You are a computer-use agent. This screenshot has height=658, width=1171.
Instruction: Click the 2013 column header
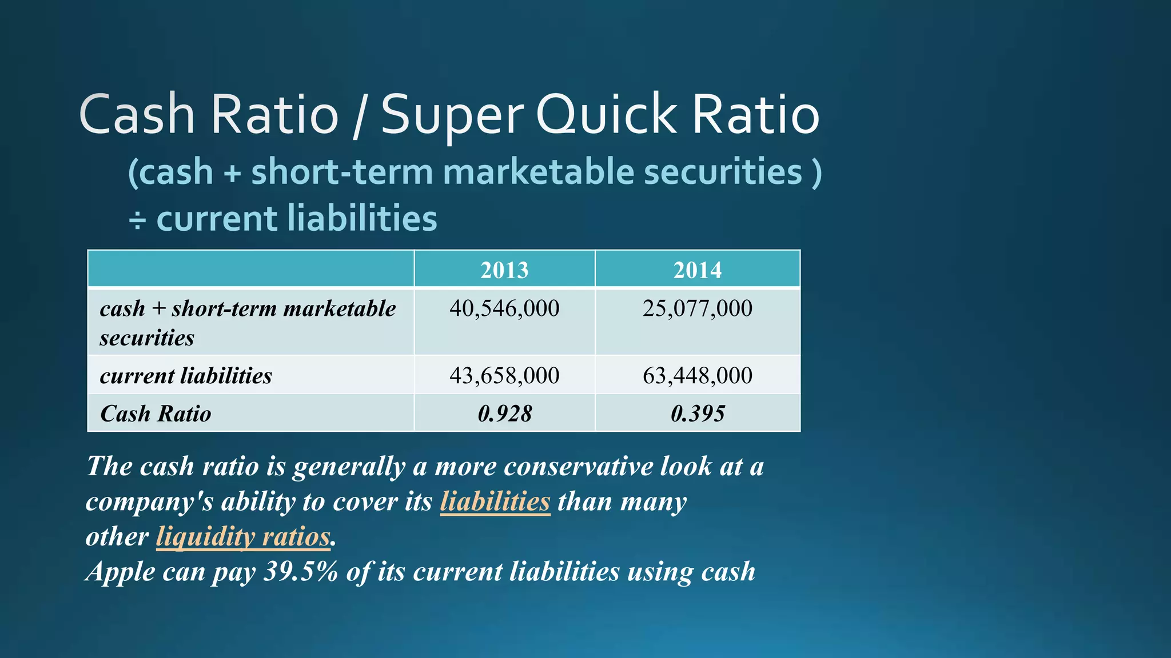504,270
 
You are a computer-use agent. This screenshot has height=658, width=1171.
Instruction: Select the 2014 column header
697,270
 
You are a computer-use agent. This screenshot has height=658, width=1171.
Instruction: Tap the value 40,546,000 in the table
504,308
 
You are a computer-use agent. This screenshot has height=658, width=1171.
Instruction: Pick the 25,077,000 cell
697,308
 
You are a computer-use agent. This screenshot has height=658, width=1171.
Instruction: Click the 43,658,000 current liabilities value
504,375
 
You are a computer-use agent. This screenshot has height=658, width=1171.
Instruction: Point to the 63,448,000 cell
697,375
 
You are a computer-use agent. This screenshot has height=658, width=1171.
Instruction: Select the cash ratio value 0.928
504,414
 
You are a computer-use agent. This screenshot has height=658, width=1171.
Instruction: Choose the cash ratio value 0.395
697,414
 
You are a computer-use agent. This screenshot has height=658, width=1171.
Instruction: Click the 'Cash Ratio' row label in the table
156,414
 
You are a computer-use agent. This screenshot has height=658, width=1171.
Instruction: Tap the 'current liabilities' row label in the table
186,375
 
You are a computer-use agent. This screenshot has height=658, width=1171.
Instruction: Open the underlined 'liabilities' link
495,501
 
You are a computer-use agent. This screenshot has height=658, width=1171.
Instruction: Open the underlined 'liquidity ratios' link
243,537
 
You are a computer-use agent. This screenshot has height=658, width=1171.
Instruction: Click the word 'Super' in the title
452,115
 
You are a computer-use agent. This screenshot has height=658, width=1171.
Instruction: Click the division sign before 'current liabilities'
137,220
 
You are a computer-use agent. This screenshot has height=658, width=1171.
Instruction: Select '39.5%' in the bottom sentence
301,572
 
